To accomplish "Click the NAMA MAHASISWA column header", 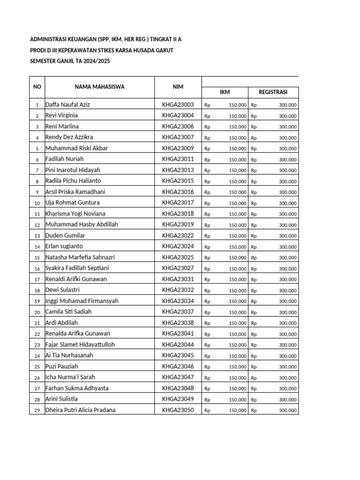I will pyautogui.click(x=99, y=87).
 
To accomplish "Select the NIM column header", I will pyautogui.click(x=178, y=87).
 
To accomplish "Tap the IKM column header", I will pyautogui.click(x=225, y=92).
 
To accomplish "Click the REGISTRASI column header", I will pyautogui.click(x=273, y=92).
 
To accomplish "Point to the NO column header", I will pyautogui.click(x=37, y=87).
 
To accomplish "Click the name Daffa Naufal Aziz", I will pyautogui.click(x=67, y=105).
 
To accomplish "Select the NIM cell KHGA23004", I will pyautogui.click(x=178, y=115).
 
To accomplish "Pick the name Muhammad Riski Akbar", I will pyautogui.click(x=76, y=148).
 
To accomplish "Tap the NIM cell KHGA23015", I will pyautogui.click(x=178, y=181).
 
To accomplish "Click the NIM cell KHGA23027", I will pyautogui.click(x=178, y=268).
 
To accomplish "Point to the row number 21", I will pyautogui.click(x=37, y=323).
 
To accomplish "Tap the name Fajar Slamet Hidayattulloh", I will pyautogui.click(x=80, y=345).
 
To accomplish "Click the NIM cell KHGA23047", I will pyautogui.click(x=178, y=377).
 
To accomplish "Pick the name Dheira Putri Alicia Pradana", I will pyautogui.click(x=80, y=410).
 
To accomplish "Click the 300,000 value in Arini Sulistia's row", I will pyautogui.click(x=287, y=399).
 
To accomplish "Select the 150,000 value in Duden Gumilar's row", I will pyautogui.click(x=238, y=236).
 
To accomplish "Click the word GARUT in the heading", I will pyautogui.click(x=164, y=50).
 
